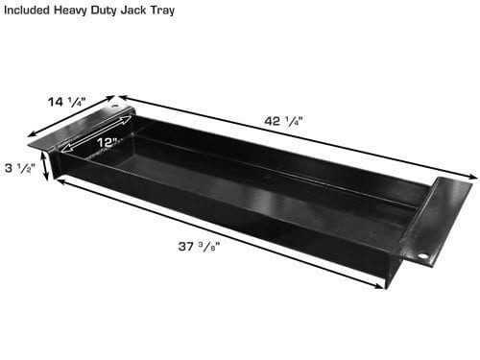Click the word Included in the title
pos(27,10)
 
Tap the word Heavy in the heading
pos(71,11)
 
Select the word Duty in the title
pos(104,11)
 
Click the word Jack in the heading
pos(133,10)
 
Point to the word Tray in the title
pos(162,11)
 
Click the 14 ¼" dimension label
pos(67,102)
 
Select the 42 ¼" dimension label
pos(283,121)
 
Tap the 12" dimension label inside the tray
pos(108,142)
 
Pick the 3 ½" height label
pos(18,168)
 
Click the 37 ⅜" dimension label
pos(199,247)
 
